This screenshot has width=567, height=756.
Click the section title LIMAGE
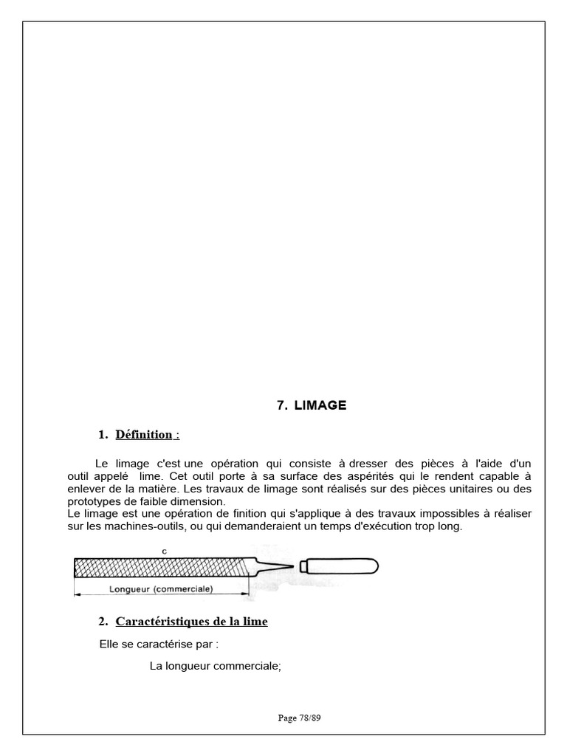coord(320,405)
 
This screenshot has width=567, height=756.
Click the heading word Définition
coord(143,435)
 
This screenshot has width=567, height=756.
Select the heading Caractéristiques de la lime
coord(191,622)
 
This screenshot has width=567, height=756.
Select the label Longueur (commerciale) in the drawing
coord(161,589)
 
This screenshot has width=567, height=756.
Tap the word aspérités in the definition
coord(339,476)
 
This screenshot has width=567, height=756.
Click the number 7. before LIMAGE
coord(282,405)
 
